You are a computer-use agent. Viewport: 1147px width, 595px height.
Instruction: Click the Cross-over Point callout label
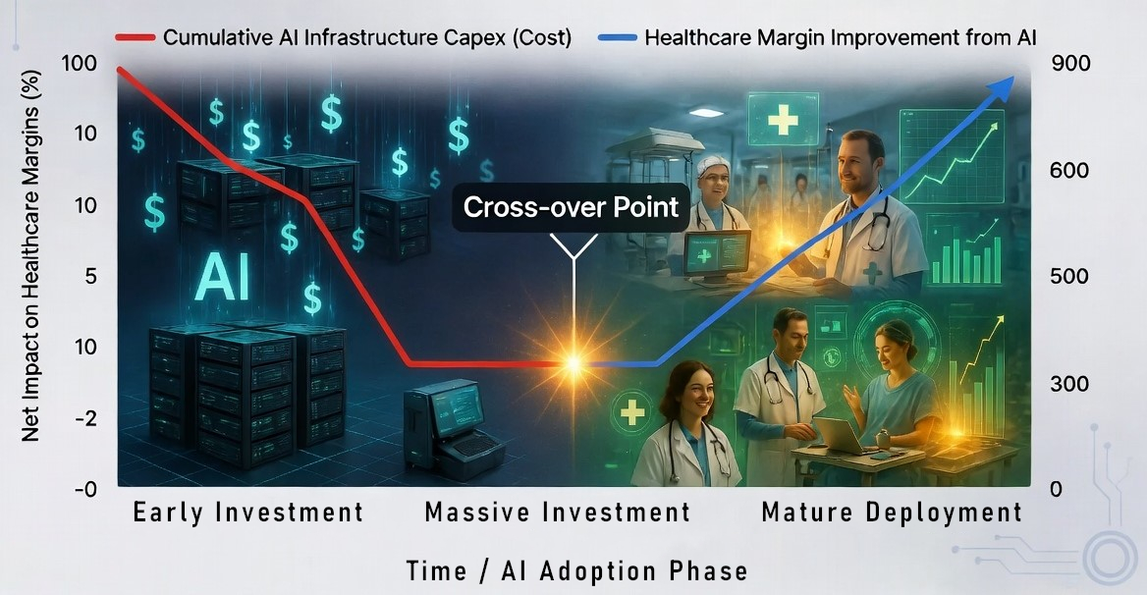pos(571,207)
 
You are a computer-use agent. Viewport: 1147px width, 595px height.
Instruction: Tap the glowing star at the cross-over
pos(574,363)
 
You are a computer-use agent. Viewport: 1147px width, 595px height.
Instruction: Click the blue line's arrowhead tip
pos(1013,76)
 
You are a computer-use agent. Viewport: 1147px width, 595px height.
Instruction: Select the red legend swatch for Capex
pos(135,37)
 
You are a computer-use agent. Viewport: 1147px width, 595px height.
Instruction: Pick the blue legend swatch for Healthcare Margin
pos(618,37)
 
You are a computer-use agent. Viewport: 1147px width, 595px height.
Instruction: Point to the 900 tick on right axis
pos(1070,64)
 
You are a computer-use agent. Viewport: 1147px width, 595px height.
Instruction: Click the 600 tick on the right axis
pos(1069,171)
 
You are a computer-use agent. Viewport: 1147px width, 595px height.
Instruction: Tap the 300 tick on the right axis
pos(1069,384)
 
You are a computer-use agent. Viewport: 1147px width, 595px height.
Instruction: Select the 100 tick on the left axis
pos(79,64)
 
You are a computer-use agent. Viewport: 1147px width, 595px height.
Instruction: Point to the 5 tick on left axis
pos(90,276)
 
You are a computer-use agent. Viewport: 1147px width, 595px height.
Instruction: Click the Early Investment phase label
pos(248,512)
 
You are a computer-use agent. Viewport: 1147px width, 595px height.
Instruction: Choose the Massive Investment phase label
pos(558,512)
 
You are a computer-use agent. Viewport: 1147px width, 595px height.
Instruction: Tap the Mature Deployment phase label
pos(892,512)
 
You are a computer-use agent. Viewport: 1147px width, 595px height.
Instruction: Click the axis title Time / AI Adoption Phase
pos(577,570)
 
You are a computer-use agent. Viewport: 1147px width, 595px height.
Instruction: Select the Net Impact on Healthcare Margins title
pos(30,256)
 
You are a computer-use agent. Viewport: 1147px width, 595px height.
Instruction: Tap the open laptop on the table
pos(838,436)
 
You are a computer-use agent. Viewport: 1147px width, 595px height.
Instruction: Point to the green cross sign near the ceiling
pos(782,119)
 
